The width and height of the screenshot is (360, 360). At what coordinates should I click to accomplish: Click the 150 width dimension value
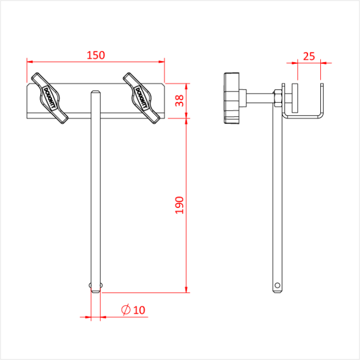(x=96, y=55)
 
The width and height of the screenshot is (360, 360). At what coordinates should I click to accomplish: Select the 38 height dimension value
(x=179, y=100)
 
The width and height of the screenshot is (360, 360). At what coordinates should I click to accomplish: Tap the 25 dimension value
(x=309, y=56)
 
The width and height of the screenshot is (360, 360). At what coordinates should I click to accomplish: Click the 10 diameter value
(x=139, y=310)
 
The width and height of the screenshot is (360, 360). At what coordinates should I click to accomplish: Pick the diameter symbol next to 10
(x=125, y=310)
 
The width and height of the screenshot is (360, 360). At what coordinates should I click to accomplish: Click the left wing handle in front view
(x=50, y=98)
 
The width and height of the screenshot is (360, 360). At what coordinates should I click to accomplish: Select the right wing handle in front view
(x=141, y=98)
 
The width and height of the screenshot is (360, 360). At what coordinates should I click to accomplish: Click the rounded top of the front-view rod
(x=96, y=93)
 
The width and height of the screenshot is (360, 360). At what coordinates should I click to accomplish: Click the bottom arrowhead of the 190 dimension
(x=186, y=290)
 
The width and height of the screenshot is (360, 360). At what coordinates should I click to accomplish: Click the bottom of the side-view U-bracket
(x=303, y=118)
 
